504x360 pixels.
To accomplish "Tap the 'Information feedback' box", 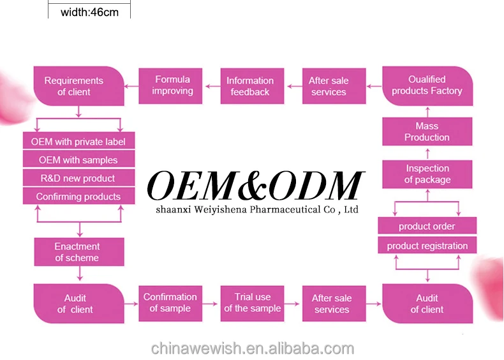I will (249, 86).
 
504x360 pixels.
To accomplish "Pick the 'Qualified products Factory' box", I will (427, 86).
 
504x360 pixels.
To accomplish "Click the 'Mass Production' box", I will (427, 132).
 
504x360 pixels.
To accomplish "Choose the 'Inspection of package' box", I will (427, 174).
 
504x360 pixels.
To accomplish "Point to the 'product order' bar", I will (427, 227).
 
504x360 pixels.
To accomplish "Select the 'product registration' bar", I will (427, 246).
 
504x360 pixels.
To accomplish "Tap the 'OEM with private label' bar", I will (78, 142).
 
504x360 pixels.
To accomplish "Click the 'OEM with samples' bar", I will (78, 160).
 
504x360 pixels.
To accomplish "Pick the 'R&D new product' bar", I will (78, 178).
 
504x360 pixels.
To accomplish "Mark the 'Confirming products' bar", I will (78, 197).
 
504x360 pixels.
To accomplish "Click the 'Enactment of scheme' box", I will (77, 252).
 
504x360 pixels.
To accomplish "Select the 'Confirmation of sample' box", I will (170, 303).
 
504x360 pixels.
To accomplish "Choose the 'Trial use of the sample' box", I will (252, 303).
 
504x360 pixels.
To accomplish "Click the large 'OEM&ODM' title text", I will (255, 186).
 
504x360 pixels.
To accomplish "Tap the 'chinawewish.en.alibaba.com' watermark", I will (252, 349).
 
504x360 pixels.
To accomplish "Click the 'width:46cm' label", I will (89, 11).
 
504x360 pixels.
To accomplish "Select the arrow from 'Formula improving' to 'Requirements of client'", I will (131, 86).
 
